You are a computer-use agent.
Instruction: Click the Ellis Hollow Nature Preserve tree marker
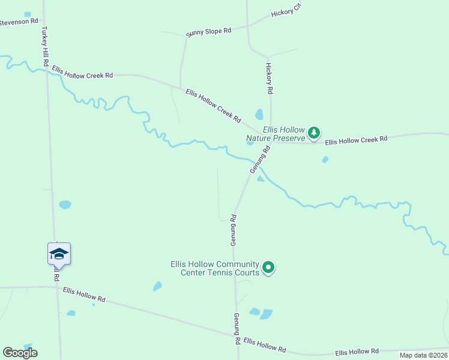[313, 133]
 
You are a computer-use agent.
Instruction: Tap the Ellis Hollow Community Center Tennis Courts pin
[268, 268]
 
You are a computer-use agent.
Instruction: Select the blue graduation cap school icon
[59, 254]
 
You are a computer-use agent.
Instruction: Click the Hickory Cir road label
[285, 12]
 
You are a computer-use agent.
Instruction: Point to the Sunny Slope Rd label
[208, 31]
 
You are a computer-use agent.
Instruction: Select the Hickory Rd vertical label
[270, 78]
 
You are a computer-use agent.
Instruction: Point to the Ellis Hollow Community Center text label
[214, 268]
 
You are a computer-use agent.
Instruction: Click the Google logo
[20, 353]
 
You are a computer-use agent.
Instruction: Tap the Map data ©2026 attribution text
[423, 355]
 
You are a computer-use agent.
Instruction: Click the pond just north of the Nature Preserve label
[259, 114]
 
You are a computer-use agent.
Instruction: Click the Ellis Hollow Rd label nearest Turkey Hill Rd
[83, 293]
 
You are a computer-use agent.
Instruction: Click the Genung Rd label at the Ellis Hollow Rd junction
[238, 328]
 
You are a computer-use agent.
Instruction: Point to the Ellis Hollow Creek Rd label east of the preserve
[356, 140]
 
